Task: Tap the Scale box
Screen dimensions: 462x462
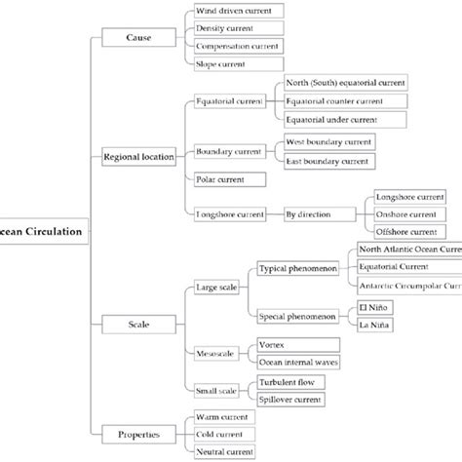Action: coord(138,322)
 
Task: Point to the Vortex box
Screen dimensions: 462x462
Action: coord(296,345)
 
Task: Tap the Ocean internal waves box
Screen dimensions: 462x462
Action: coord(296,364)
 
